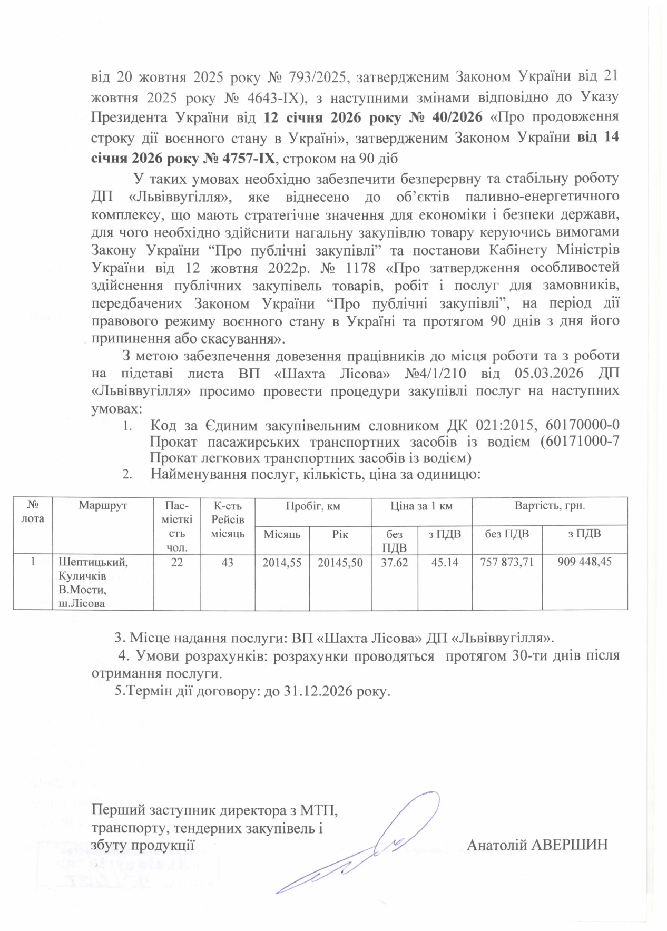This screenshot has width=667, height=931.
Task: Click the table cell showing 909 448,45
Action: [584, 562]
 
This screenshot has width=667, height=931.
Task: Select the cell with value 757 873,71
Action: [507, 562]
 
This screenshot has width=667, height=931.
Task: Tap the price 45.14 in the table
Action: [445, 562]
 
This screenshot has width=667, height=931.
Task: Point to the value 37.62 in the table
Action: [395, 562]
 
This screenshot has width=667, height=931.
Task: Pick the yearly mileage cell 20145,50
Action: [340, 562]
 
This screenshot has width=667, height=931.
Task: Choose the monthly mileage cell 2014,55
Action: [282, 562]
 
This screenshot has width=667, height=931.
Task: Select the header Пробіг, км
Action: [312, 506]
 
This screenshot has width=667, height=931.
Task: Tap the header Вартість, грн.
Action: [550, 506]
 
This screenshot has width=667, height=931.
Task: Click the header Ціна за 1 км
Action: [421, 506]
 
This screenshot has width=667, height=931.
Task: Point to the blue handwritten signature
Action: [364, 848]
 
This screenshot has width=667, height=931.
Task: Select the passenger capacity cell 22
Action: [177, 562]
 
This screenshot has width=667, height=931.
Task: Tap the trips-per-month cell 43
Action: [228, 562]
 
